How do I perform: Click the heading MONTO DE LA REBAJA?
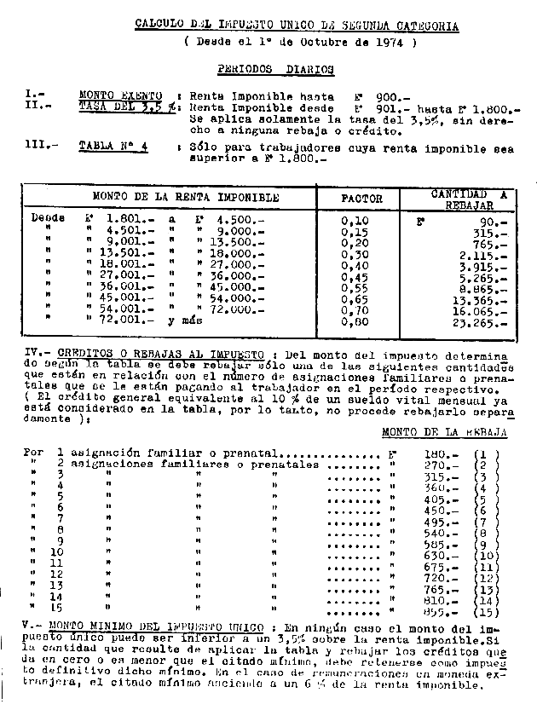(444, 432)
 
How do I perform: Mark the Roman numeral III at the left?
(35, 146)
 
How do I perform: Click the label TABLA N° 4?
(113, 146)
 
